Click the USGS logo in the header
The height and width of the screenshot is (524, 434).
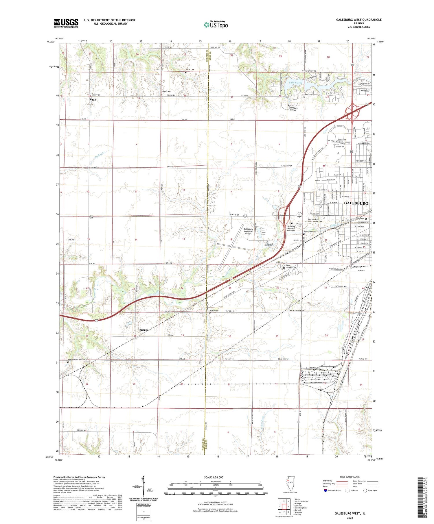point(66,23)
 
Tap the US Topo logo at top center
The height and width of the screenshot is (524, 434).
point(216,25)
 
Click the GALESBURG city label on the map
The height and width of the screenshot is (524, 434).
point(356,203)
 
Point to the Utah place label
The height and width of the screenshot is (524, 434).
point(93,100)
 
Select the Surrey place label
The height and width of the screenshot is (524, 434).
point(144,330)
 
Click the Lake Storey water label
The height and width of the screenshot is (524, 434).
point(295,83)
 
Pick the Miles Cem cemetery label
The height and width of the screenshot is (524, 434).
point(190,70)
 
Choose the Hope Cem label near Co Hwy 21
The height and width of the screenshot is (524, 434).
point(166,92)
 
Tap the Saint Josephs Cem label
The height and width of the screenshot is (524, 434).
point(291,266)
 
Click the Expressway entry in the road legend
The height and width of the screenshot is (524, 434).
point(329,481)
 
